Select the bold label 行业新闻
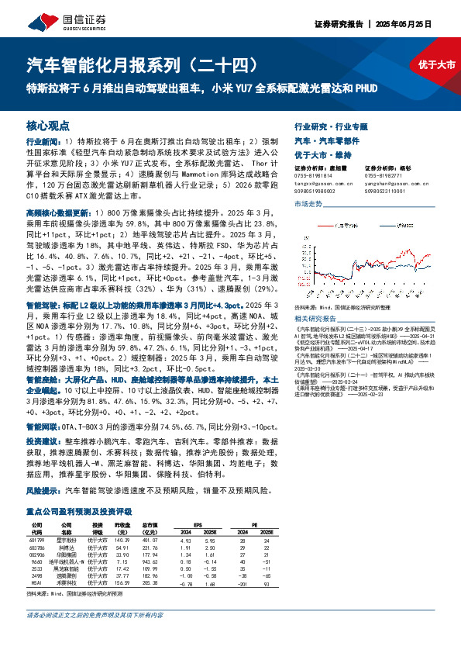tap(40, 143)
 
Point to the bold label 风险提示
tap(40, 492)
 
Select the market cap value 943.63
tap(150, 561)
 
